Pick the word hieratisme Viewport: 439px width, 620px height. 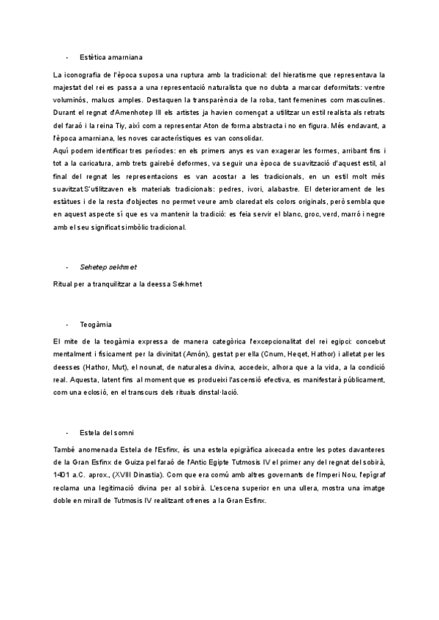307,75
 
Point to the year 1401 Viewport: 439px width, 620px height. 62,475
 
